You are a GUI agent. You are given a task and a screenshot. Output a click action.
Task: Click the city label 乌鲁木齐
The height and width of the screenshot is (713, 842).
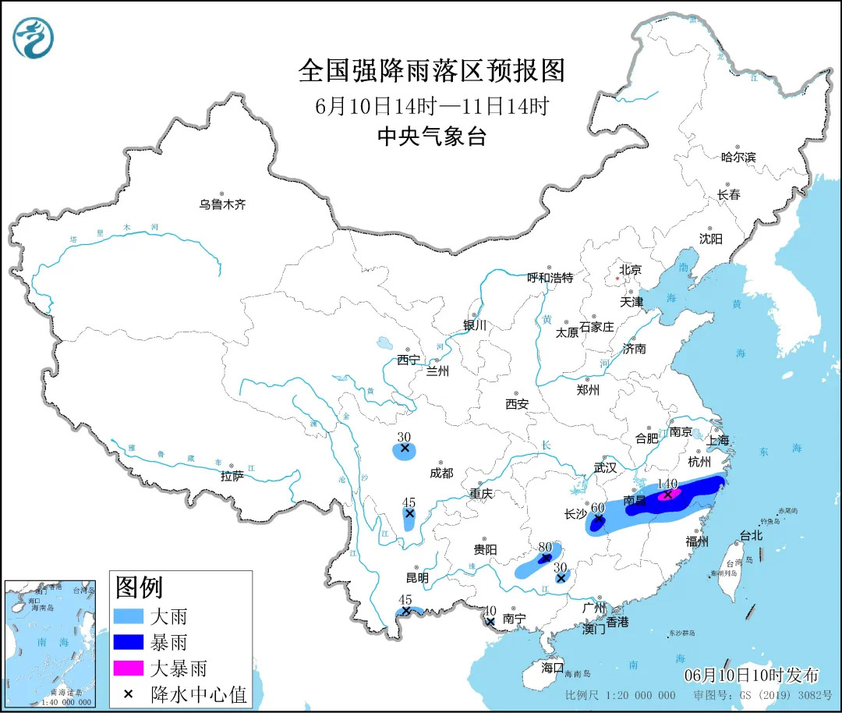[x=222, y=204]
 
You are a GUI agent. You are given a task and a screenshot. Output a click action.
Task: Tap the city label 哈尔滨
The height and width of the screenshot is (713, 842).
[x=738, y=157]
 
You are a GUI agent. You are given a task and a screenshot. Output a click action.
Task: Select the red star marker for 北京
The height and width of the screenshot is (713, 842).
[x=618, y=278]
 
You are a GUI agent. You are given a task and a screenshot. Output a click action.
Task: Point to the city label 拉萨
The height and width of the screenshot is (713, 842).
[x=232, y=475]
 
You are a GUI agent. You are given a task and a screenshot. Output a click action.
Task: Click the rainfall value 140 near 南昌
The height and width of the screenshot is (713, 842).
[x=668, y=484]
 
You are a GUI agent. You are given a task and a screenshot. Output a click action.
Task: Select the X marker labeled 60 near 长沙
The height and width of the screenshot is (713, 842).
[x=598, y=518]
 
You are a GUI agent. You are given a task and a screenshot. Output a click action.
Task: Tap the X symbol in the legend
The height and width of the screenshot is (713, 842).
[x=128, y=693]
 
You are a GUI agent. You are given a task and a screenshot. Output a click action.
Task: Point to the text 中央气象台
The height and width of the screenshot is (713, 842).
[x=431, y=137]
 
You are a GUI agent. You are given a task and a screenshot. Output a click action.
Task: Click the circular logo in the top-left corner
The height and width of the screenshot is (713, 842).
[x=34, y=37]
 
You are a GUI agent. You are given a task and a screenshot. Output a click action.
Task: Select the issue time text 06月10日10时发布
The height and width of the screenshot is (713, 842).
[x=752, y=675]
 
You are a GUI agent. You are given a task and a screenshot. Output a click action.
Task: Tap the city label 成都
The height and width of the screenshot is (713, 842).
[x=440, y=473]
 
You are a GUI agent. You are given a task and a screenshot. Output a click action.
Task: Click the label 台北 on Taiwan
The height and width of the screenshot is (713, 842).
[x=751, y=536]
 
